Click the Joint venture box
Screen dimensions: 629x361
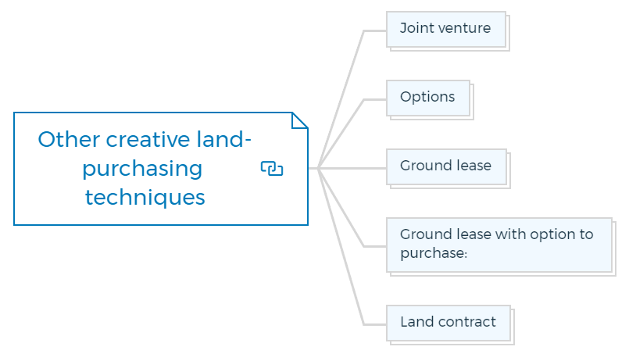[x=446, y=29]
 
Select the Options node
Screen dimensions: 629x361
[x=428, y=98]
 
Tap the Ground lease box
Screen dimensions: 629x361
[x=446, y=167]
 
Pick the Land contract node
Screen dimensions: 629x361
[x=449, y=323]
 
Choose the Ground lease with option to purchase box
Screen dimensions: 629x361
[x=499, y=245]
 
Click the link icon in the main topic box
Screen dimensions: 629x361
[x=272, y=169]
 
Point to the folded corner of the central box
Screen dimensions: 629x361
[x=300, y=120]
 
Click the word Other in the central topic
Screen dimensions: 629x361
[x=69, y=140]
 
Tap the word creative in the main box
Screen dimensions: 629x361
[x=148, y=140]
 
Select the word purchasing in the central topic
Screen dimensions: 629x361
[x=142, y=170]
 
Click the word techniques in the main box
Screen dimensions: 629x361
[x=145, y=198]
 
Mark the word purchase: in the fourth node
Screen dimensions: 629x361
[x=434, y=253]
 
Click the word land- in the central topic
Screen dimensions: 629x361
[x=223, y=140]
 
